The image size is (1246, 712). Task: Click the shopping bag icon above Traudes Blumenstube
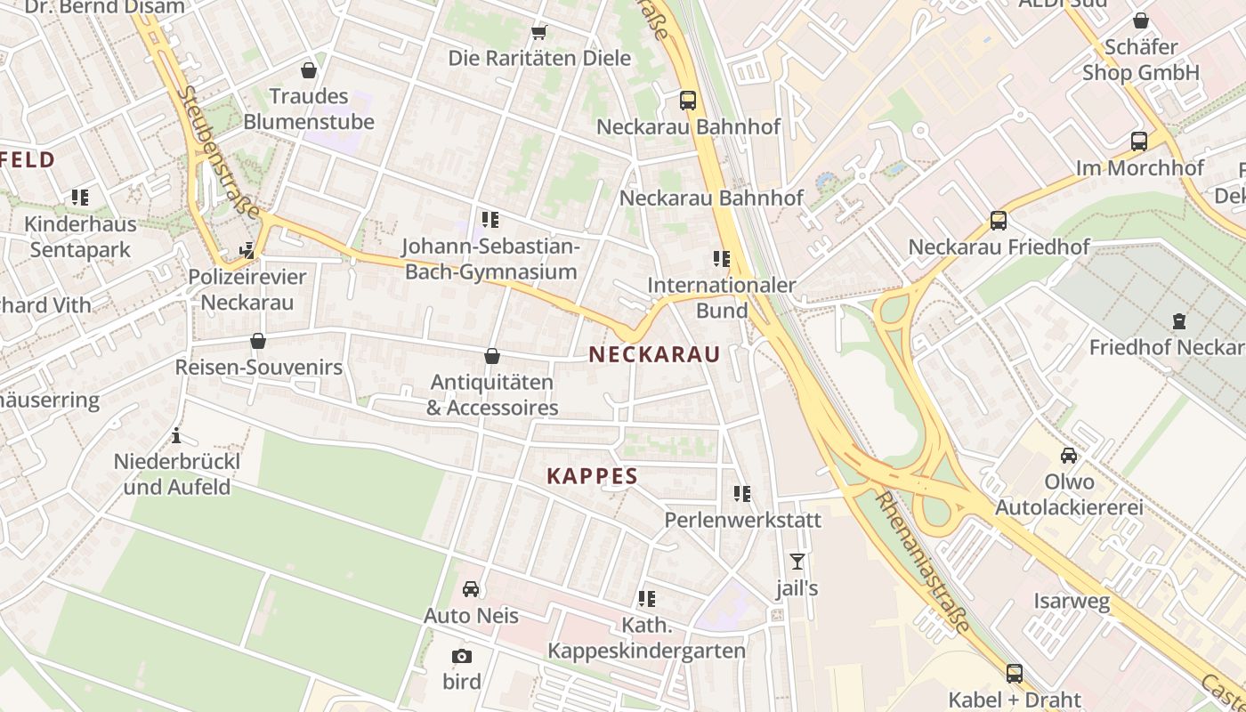[x=309, y=69]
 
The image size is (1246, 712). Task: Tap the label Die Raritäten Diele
[x=539, y=59]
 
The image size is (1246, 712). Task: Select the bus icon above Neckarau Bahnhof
[x=688, y=100]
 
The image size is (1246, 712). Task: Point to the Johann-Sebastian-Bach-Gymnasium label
[x=490, y=258]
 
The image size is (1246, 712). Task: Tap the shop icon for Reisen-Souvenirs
[x=258, y=341]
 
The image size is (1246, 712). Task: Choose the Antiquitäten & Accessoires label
[x=492, y=394]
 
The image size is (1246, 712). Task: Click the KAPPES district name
[x=593, y=476]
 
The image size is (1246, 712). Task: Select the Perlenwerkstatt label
[x=743, y=519]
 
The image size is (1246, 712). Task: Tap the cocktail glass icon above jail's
[x=797, y=562]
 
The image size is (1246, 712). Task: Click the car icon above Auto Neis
[x=471, y=589]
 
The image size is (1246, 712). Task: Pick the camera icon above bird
[x=461, y=657]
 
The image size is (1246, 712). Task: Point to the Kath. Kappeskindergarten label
[x=646, y=638]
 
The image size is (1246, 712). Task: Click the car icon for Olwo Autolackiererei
[x=1069, y=456]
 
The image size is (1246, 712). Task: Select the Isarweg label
[x=1072, y=602]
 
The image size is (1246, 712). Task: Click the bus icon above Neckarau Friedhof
[x=999, y=220]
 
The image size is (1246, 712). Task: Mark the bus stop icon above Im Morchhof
[x=1139, y=141]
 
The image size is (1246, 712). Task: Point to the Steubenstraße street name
[x=218, y=152]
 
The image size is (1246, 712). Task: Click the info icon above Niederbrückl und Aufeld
[x=176, y=436]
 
